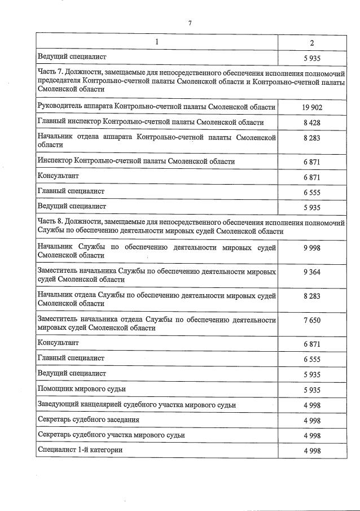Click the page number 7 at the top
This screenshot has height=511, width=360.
pyautogui.click(x=190, y=23)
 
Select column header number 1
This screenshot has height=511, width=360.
pyautogui.click(x=157, y=42)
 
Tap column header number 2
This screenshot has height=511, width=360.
pyautogui.click(x=311, y=42)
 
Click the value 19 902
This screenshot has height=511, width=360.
pyautogui.click(x=311, y=107)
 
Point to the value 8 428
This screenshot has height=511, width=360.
pyautogui.click(x=311, y=123)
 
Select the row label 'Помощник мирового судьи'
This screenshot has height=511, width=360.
pyautogui.click(x=81, y=389)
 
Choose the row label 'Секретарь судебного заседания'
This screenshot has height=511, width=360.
pyautogui.click(x=88, y=420)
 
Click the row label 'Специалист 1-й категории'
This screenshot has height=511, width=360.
pyautogui.click(x=80, y=450)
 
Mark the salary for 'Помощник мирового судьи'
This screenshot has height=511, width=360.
pyautogui.click(x=311, y=390)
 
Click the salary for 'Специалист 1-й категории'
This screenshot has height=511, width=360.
pyautogui.click(x=311, y=451)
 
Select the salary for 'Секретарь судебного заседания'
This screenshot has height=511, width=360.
pyautogui.click(x=311, y=420)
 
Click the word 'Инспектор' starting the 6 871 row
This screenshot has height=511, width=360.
pyautogui.click(x=55, y=161)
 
